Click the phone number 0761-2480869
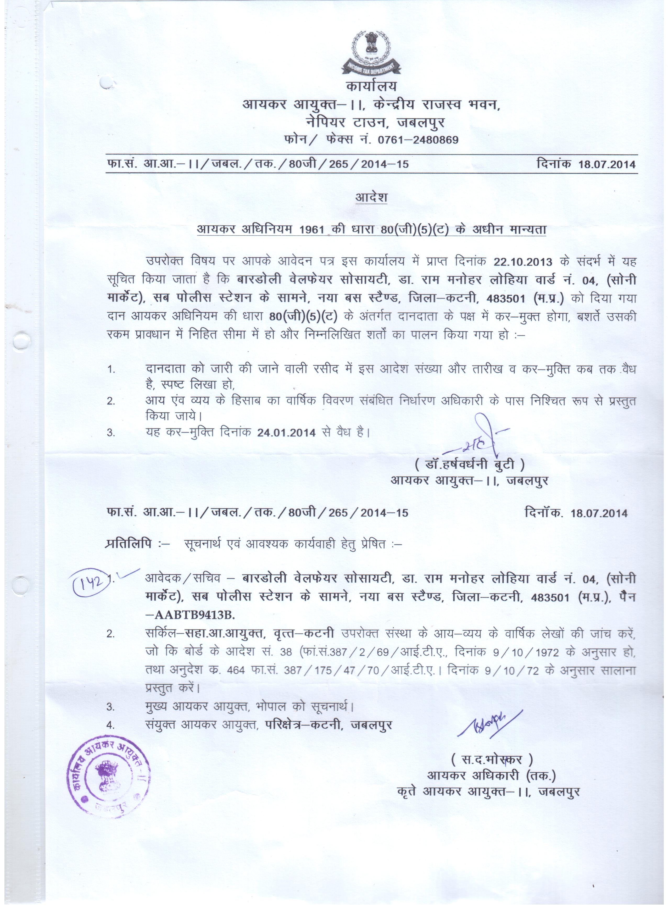coord(418,140)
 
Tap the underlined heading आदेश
coord(371,197)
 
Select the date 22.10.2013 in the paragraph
coord(522,262)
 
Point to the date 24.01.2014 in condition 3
coord(286,432)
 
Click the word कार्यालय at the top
coord(371,86)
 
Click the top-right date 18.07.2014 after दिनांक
coord(607,164)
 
